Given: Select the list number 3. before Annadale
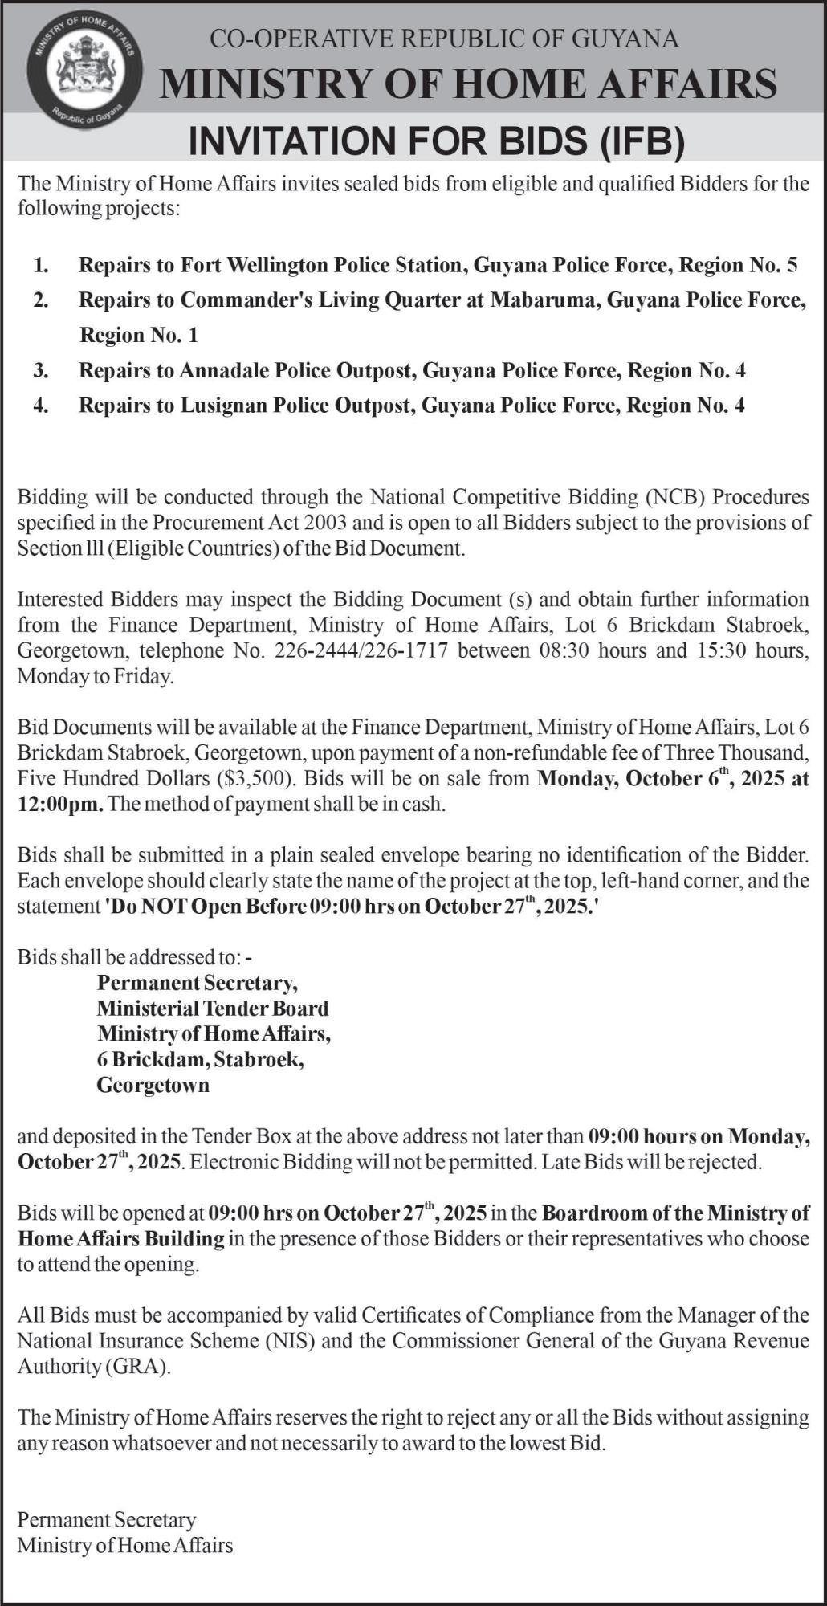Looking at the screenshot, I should coord(41,370).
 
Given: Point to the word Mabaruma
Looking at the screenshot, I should coord(543,300).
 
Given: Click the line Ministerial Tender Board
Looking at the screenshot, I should coord(213,1009).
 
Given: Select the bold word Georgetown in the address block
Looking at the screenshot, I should coord(153,1086).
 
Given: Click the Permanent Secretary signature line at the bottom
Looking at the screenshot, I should coord(107,1520).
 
